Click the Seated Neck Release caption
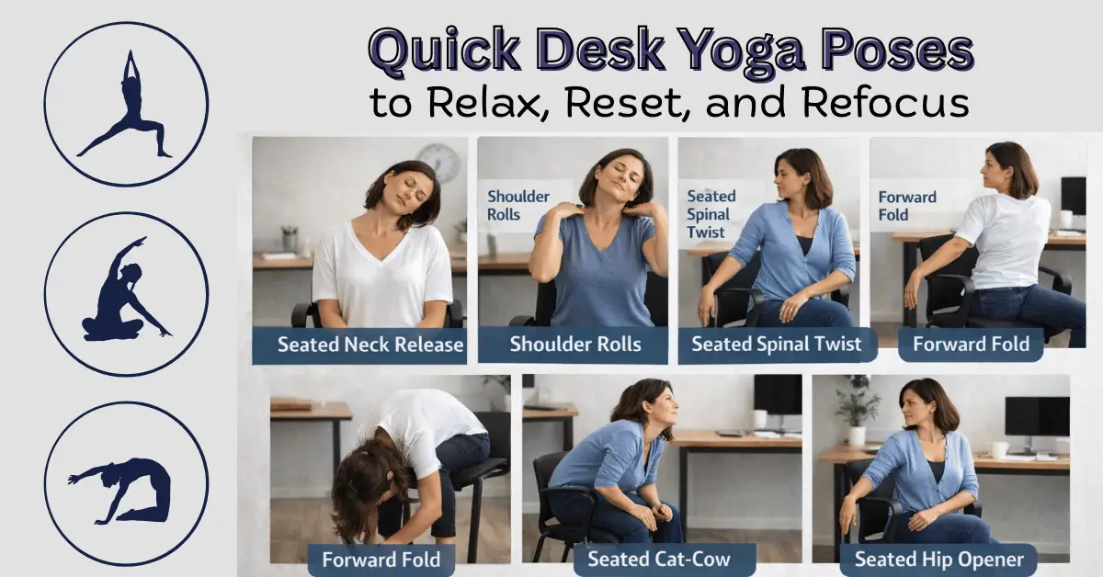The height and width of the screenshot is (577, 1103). pos(370,346)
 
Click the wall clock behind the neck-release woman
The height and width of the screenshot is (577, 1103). pos(440,164)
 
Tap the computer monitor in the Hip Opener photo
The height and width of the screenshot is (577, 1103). pos(1036,418)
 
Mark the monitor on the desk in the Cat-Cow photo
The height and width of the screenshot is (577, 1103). pos(777,395)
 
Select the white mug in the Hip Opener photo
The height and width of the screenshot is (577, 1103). pos(999,449)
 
